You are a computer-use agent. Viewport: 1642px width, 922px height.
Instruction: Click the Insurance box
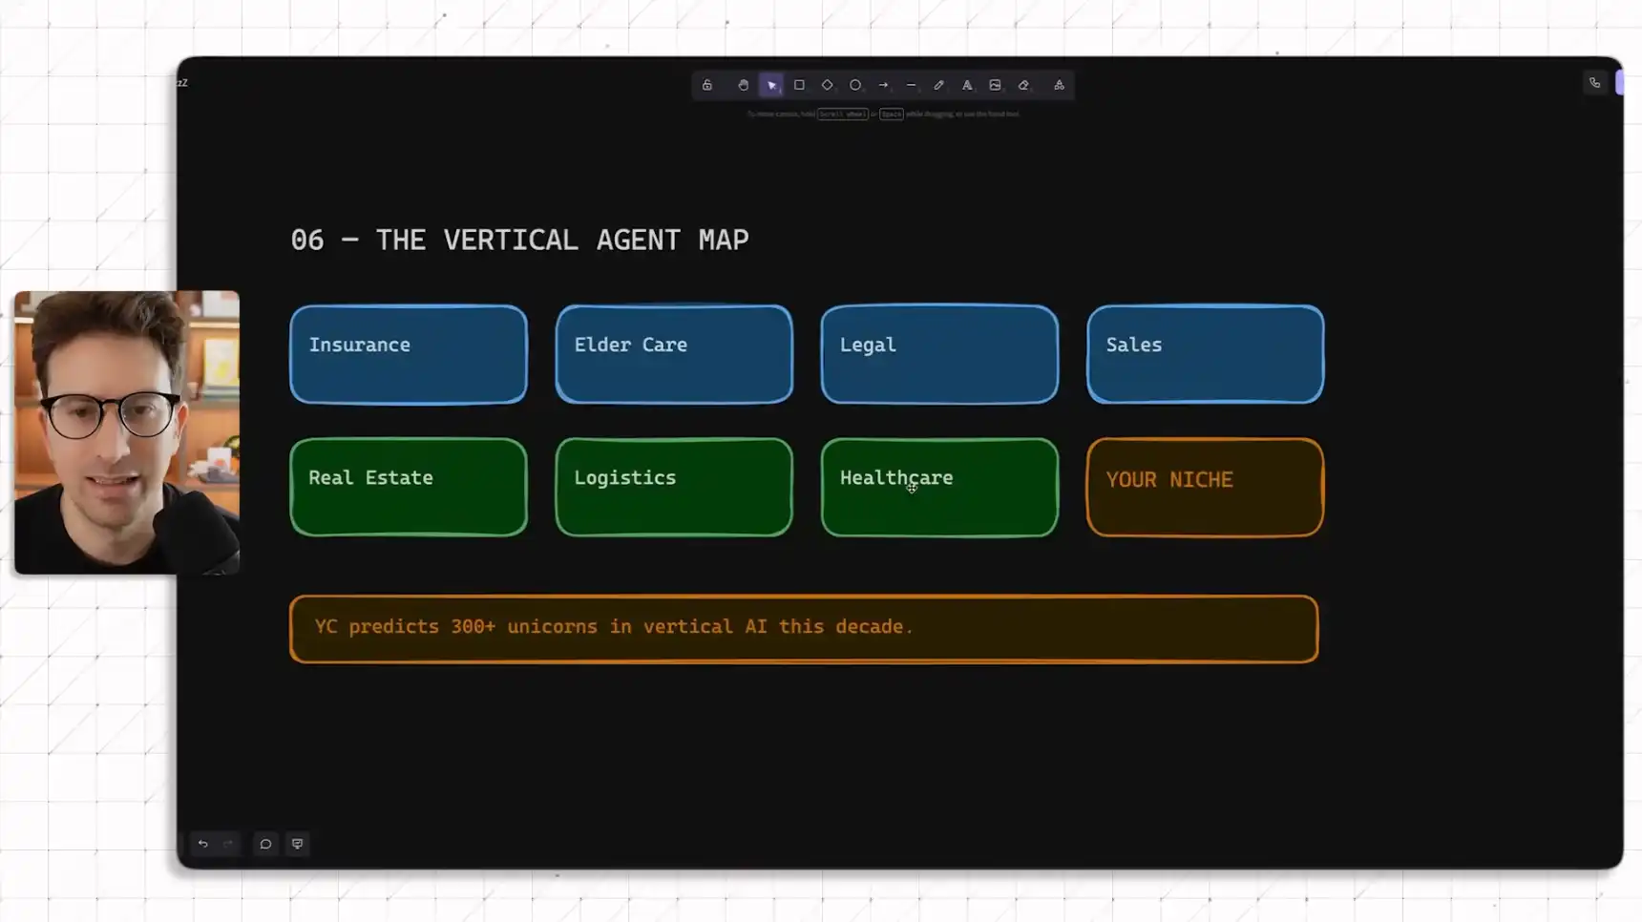coord(409,354)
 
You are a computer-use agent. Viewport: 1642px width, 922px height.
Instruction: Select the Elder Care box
coord(674,354)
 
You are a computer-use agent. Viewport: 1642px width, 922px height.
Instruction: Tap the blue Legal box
coord(939,354)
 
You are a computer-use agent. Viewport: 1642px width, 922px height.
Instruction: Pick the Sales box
coord(1205,354)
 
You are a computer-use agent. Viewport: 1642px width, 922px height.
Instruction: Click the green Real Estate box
coord(409,487)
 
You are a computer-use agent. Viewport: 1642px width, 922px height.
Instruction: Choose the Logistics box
coord(674,487)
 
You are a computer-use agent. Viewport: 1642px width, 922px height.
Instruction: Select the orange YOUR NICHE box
coord(1205,487)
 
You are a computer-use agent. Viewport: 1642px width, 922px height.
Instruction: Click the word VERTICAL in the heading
coord(511,241)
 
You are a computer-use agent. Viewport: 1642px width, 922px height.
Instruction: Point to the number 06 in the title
coord(306,241)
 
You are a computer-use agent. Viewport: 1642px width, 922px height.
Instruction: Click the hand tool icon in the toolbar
coord(743,85)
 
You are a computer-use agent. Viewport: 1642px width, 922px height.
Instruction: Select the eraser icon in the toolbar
coord(1023,85)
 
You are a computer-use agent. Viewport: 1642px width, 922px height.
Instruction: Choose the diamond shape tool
coord(827,85)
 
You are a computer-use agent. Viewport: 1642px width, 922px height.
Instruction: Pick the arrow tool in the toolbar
coord(883,85)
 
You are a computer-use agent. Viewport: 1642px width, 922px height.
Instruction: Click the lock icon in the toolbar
coord(707,85)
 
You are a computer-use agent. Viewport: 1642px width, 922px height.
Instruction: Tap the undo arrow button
coord(202,844)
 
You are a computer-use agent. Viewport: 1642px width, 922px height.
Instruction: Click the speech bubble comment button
coord(265,844)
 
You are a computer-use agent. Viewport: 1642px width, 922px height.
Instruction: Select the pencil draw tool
coord(938,85)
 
